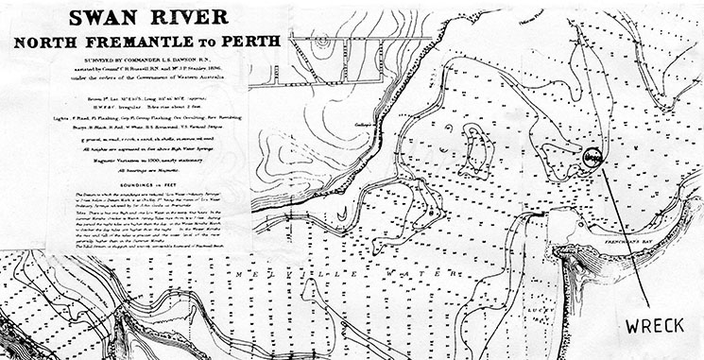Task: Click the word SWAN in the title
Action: pyautogui.click(x=80, y=20)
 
